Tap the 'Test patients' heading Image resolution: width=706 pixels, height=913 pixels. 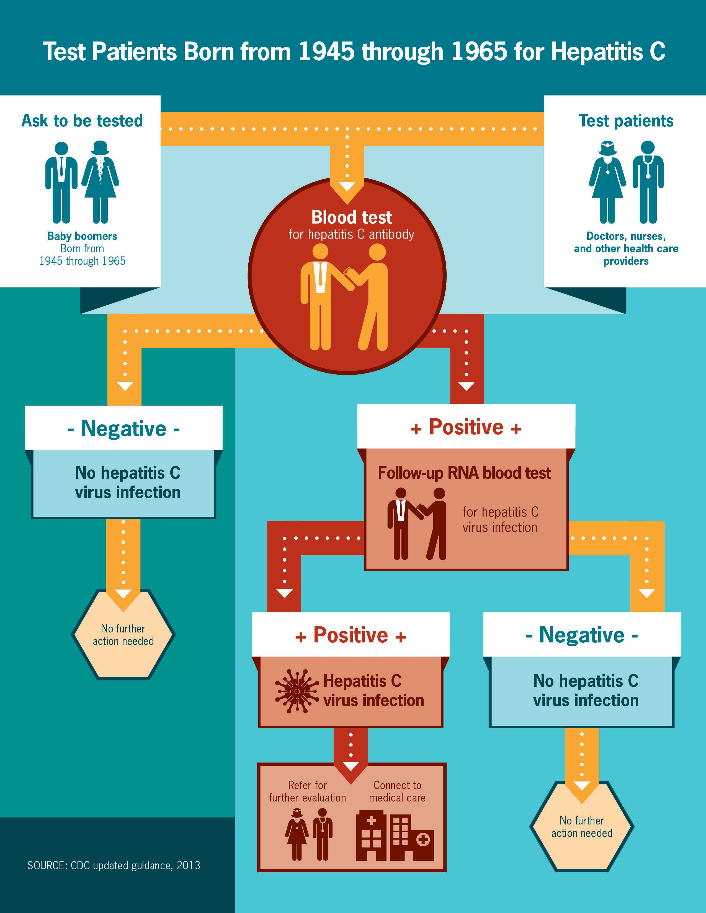(x=626, y=121)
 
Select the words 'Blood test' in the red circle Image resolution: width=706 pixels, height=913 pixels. (x=351, y=217)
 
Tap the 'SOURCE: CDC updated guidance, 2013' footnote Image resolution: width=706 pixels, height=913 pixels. (x=114, y=865)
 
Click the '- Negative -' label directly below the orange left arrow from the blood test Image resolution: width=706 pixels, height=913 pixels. (x=123, y=429)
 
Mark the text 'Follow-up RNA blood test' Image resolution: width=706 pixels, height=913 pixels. (x=464, y=473)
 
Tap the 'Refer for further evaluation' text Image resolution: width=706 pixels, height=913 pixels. (x=307, y=791)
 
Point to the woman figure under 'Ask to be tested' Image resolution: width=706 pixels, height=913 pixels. (x=101, y=182)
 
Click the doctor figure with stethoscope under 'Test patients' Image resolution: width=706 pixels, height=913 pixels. (x=648, y=182)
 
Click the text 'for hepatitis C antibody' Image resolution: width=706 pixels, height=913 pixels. (x=351, y=235)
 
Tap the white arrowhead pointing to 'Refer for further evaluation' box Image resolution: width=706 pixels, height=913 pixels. (x=351, y=766)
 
